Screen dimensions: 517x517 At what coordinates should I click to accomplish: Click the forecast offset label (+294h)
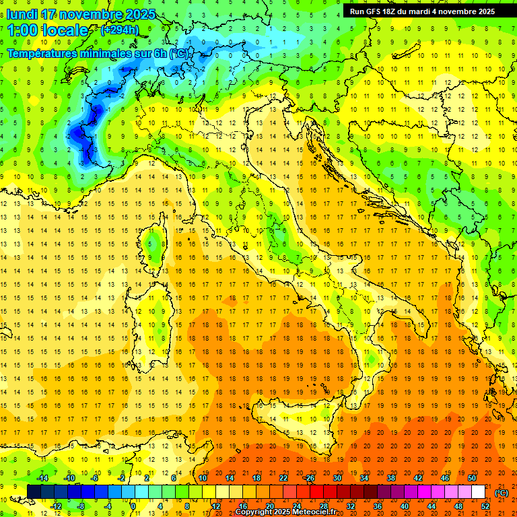(119, 30)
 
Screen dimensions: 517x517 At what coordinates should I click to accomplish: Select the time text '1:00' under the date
(23, 30)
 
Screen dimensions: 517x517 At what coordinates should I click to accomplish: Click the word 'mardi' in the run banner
(432, 11)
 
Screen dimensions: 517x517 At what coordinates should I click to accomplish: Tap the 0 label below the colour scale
(134, 506)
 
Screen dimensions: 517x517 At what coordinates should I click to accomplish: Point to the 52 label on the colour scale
(485, 506)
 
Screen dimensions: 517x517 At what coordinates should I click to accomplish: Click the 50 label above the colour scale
(472, 478)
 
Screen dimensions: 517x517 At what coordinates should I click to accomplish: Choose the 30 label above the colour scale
(337, 478)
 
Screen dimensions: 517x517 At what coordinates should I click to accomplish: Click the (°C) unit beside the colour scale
(502, 492)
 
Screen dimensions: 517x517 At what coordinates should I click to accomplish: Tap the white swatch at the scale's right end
(479, 492)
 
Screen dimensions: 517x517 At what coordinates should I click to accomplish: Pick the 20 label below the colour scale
(269, 506)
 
